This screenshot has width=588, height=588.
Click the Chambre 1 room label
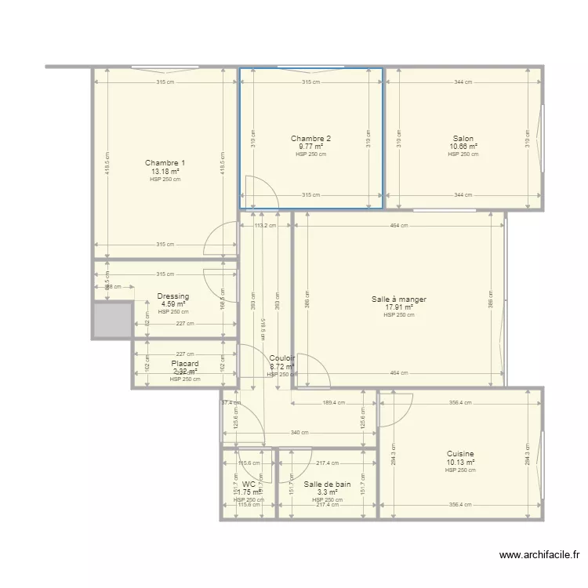click(165, 163)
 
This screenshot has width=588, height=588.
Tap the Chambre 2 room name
click(310, 139)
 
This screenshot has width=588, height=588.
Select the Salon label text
click(463, 139)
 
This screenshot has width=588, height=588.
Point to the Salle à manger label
click(398, 299)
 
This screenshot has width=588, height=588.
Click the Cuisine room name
click(460, 454)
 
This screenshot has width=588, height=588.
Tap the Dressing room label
click(173, 296)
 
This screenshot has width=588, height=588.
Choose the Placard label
click(185, 364)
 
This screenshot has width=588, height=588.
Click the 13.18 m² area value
click(165, 171)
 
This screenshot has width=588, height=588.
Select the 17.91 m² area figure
click(398, 307)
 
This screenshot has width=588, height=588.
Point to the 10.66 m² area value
click(463, 147)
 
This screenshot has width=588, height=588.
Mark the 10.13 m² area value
click(460, 462)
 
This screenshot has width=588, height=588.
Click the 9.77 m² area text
click(310, 147)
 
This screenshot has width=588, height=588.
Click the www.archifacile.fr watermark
click(541, 555)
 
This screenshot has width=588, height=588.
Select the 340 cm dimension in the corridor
click(299, 433)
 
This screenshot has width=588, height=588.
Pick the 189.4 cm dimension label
click(334, 403)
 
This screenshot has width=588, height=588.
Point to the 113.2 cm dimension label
click(266, 226)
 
